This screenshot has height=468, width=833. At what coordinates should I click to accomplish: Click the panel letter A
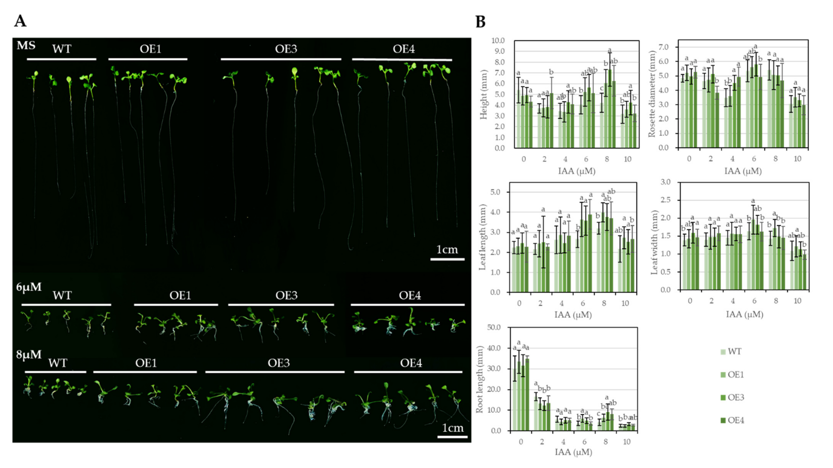[20, 21]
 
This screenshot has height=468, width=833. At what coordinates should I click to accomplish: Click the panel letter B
[480, 22]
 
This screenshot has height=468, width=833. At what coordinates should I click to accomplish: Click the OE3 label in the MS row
[286, 49]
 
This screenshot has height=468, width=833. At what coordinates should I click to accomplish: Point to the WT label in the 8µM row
[58, 363]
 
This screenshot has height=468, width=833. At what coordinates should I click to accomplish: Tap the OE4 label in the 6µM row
[410, 295]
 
